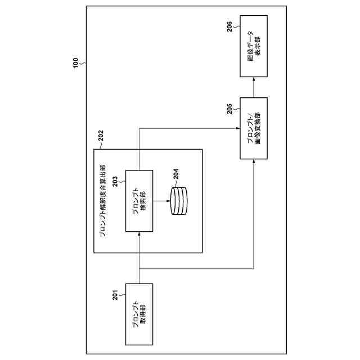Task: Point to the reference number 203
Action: pyautogui.click(x=115, y=182)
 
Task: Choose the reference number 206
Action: pyautogui.click(x=231, y=27)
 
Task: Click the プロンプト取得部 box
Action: pyautogui.click(x=138, y=314)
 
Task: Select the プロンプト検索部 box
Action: pyautogui.click(x=138, y=201)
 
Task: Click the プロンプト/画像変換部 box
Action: pyautogui.click(x=254, y=128)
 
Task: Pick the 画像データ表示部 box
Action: pyautogui.click(x=254, y=46)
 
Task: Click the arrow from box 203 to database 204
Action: pyautogui.click(x=160, y=201)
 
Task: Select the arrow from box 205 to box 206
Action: pyautogui.click(x=254, y=87)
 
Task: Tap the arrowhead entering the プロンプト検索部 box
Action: pyautogui.click(x=138, y=235)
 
